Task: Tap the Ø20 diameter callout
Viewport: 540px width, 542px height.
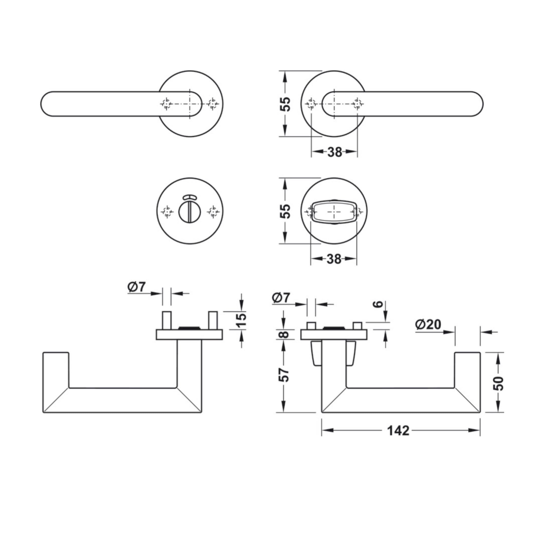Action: click(428, 325)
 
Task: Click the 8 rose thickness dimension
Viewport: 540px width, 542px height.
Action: click(285, 334)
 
